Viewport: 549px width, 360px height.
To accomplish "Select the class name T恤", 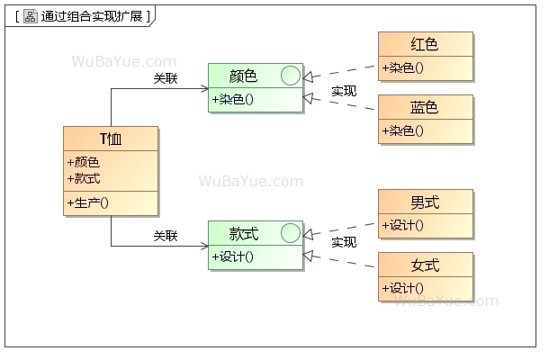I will [x=111, y=139].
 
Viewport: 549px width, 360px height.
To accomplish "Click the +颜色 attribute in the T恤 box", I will [x=83, y=162].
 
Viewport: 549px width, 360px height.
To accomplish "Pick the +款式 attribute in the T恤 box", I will [x=83, y=178].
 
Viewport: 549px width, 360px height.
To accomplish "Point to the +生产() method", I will [x=87, y=202].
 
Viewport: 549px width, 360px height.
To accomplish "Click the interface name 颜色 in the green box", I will [x=244, y=76].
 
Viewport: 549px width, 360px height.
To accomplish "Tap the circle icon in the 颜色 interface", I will [x=290, y=76].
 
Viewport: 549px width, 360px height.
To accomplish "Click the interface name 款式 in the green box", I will [x=244, y=234].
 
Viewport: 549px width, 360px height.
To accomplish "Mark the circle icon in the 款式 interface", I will [x=290, y=234].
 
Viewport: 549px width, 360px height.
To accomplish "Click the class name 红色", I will [x=425, y=44].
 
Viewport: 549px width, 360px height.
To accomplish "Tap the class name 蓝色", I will [x=425, y=107].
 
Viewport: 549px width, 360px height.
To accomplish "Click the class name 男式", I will [x=425, y=202].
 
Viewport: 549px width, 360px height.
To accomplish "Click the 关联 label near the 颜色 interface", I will [x=166, y=78].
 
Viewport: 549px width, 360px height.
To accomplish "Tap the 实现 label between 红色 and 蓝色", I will [x=344, y=91].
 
